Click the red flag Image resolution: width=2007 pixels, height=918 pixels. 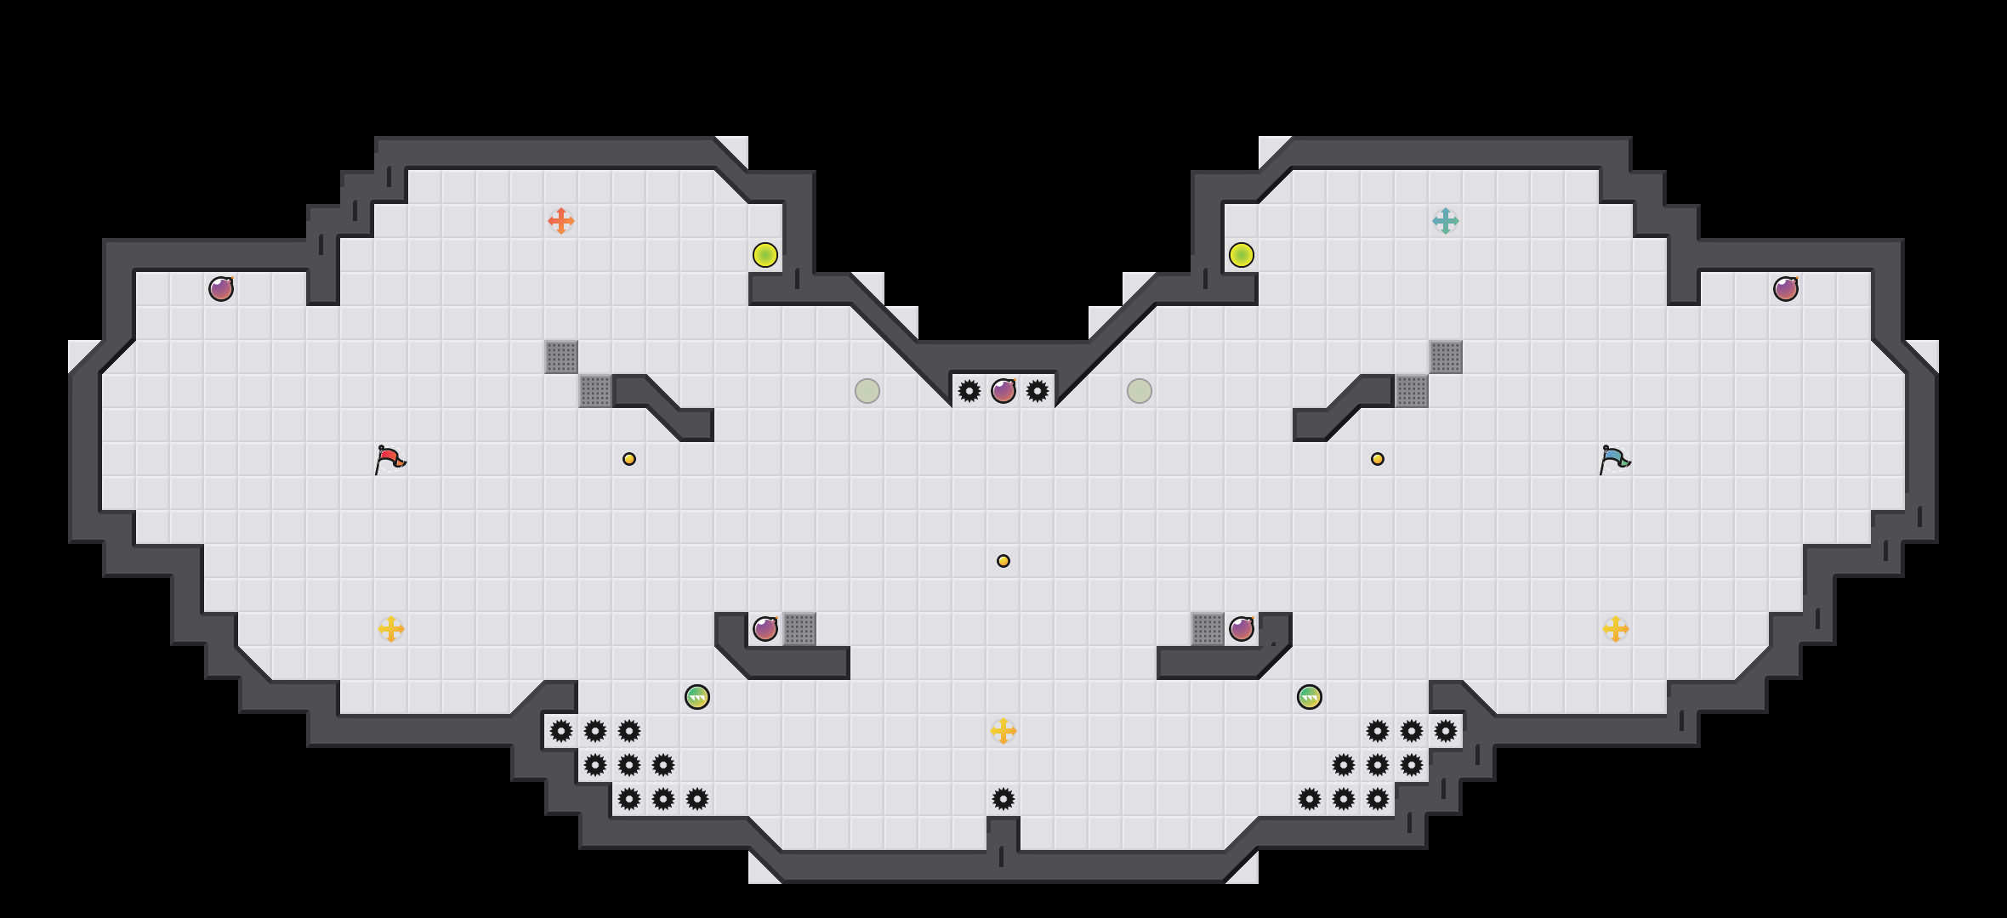coord(389,459)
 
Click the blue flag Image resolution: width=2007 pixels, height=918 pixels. coord(1614,459)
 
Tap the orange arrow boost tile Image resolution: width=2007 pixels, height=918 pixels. coord(561,221)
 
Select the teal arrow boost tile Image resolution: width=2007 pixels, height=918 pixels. coord(1446,221)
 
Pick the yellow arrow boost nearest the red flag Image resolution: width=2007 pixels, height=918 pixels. coord(391,629)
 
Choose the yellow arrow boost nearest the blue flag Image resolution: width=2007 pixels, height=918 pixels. coord(1616,629)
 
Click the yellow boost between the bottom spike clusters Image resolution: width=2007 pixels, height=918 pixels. coord(1003,731)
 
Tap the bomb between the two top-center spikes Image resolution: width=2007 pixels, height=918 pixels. coord(1003,391)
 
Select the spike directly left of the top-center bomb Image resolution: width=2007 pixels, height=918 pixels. coord(969,391)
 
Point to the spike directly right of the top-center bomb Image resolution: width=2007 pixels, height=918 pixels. coord(1038,391)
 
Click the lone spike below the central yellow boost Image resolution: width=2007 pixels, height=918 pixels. coord(1003,799)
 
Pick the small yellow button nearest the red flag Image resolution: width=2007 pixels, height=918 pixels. coord(629,459)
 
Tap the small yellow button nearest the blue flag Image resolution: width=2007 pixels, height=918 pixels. coord(1378,459)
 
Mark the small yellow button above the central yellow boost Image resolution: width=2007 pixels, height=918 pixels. coord(1003,561)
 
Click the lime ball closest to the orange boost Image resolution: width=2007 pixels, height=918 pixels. coord(765,255)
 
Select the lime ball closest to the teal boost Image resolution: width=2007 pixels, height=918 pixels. coord(1242,255)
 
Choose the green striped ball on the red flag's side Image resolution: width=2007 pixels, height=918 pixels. coord(697,697)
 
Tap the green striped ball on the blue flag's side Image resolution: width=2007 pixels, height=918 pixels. coord(1310,697)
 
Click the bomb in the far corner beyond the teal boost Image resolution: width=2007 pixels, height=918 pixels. coord(1786,289)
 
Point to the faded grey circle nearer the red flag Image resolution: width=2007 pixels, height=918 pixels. coord(867,391)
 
